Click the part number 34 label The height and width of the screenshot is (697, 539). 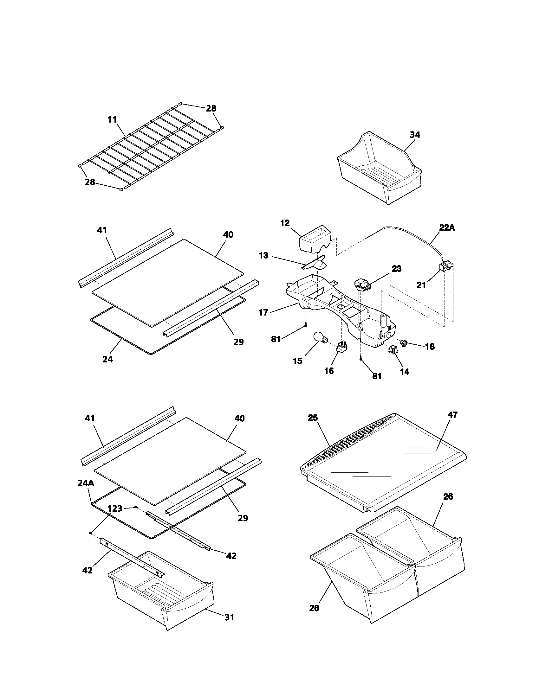(415, 135)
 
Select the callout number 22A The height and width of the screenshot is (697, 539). (447, 227)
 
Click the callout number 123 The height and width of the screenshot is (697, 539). (115, 508)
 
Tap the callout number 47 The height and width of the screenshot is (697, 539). (452, 415)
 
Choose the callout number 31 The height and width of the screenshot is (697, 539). (229, 617)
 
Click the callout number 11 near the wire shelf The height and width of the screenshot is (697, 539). (112, 120)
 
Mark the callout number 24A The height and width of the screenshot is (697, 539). (86, 483)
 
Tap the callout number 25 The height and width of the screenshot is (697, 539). (313, 418)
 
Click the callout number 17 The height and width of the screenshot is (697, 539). (263, 312)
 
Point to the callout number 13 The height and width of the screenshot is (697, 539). (263, 256)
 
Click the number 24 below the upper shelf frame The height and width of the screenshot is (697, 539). (107, 359)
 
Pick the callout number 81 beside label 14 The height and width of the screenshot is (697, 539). (377, 376)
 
